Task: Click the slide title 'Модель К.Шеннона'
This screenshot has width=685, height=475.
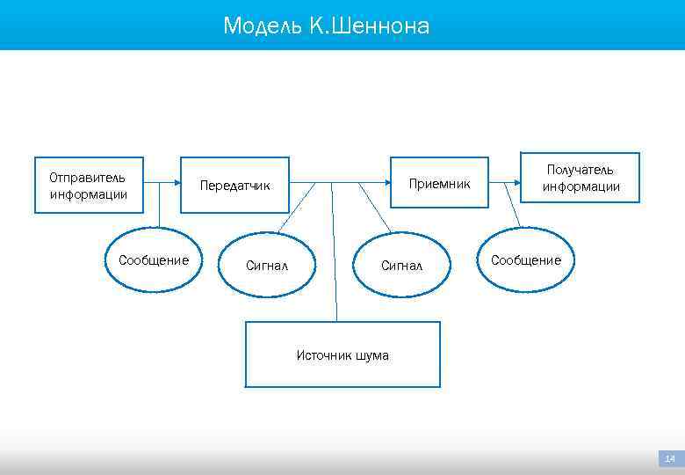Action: (326, 26)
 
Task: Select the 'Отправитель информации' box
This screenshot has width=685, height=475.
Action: (88, 186)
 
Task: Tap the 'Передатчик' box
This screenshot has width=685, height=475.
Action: (234, 186)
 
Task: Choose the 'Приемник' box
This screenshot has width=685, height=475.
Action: (439, 184)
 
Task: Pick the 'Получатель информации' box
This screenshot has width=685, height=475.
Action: (580, 178)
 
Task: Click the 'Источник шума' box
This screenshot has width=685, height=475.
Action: (342, 354)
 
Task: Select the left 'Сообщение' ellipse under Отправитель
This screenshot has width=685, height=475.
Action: (154, 259)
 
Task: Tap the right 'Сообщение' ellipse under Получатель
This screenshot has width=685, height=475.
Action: (525, 259)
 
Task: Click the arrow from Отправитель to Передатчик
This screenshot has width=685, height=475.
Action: (162, 183)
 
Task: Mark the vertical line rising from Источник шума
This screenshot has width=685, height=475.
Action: (334, 255)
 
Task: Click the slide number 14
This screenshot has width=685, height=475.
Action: (670, 458)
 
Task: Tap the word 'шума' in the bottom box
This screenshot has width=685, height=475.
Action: (372, 355)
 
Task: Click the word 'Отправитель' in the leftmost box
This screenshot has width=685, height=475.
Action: (87, 177)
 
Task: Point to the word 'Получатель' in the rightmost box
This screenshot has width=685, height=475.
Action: (580, 169)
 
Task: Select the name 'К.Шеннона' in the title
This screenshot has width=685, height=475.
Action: (369, 26)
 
